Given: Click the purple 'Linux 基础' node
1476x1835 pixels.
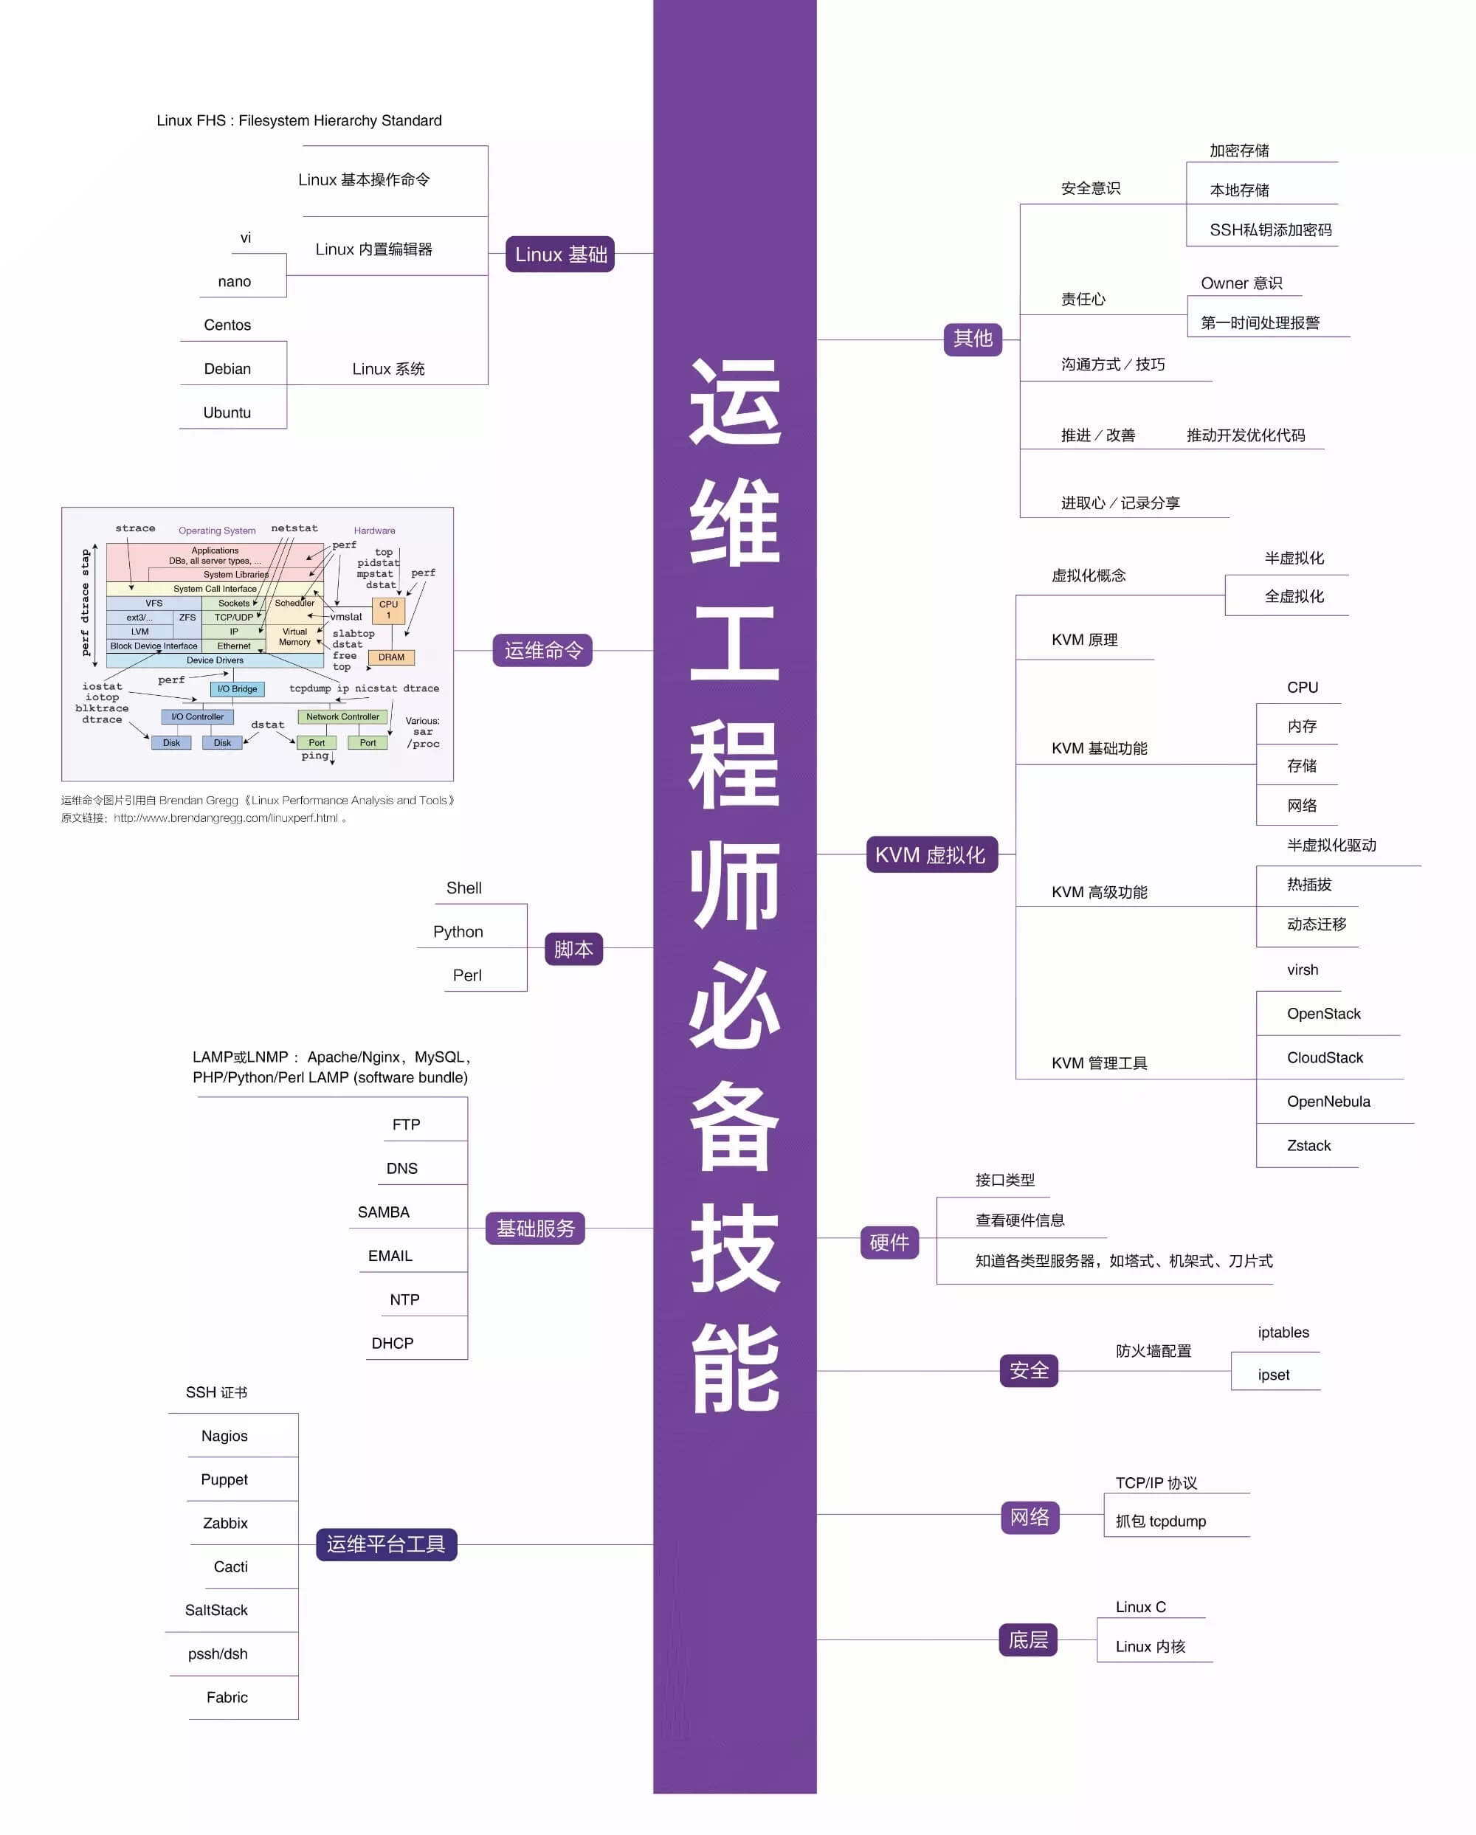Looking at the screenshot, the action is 559,254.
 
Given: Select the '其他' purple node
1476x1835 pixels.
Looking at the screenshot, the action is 972,339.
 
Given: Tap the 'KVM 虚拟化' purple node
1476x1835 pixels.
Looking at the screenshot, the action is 931,854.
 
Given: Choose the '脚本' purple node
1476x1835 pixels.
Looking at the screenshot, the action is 573,948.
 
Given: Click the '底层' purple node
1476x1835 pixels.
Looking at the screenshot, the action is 1027,1639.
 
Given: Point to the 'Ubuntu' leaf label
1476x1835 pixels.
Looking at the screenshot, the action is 227,412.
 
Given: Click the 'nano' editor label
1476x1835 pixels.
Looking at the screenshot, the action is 234,282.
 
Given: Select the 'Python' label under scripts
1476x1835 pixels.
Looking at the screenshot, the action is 458,931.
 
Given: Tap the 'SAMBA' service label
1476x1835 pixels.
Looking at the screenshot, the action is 383,1211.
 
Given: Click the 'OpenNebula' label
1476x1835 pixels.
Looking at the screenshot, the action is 1328,1102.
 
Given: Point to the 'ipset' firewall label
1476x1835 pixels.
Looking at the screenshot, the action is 1273,1375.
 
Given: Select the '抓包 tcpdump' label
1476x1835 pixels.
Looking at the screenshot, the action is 1160,1521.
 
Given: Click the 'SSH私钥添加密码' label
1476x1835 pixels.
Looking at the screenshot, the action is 1270,229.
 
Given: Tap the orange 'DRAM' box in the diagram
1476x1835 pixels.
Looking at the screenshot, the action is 392,657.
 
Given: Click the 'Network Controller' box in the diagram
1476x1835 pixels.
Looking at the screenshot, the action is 342,716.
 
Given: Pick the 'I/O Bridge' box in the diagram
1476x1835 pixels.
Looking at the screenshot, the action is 237,688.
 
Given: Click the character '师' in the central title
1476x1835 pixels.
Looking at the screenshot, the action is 734,883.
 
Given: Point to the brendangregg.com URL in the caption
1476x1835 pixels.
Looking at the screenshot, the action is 226,818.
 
